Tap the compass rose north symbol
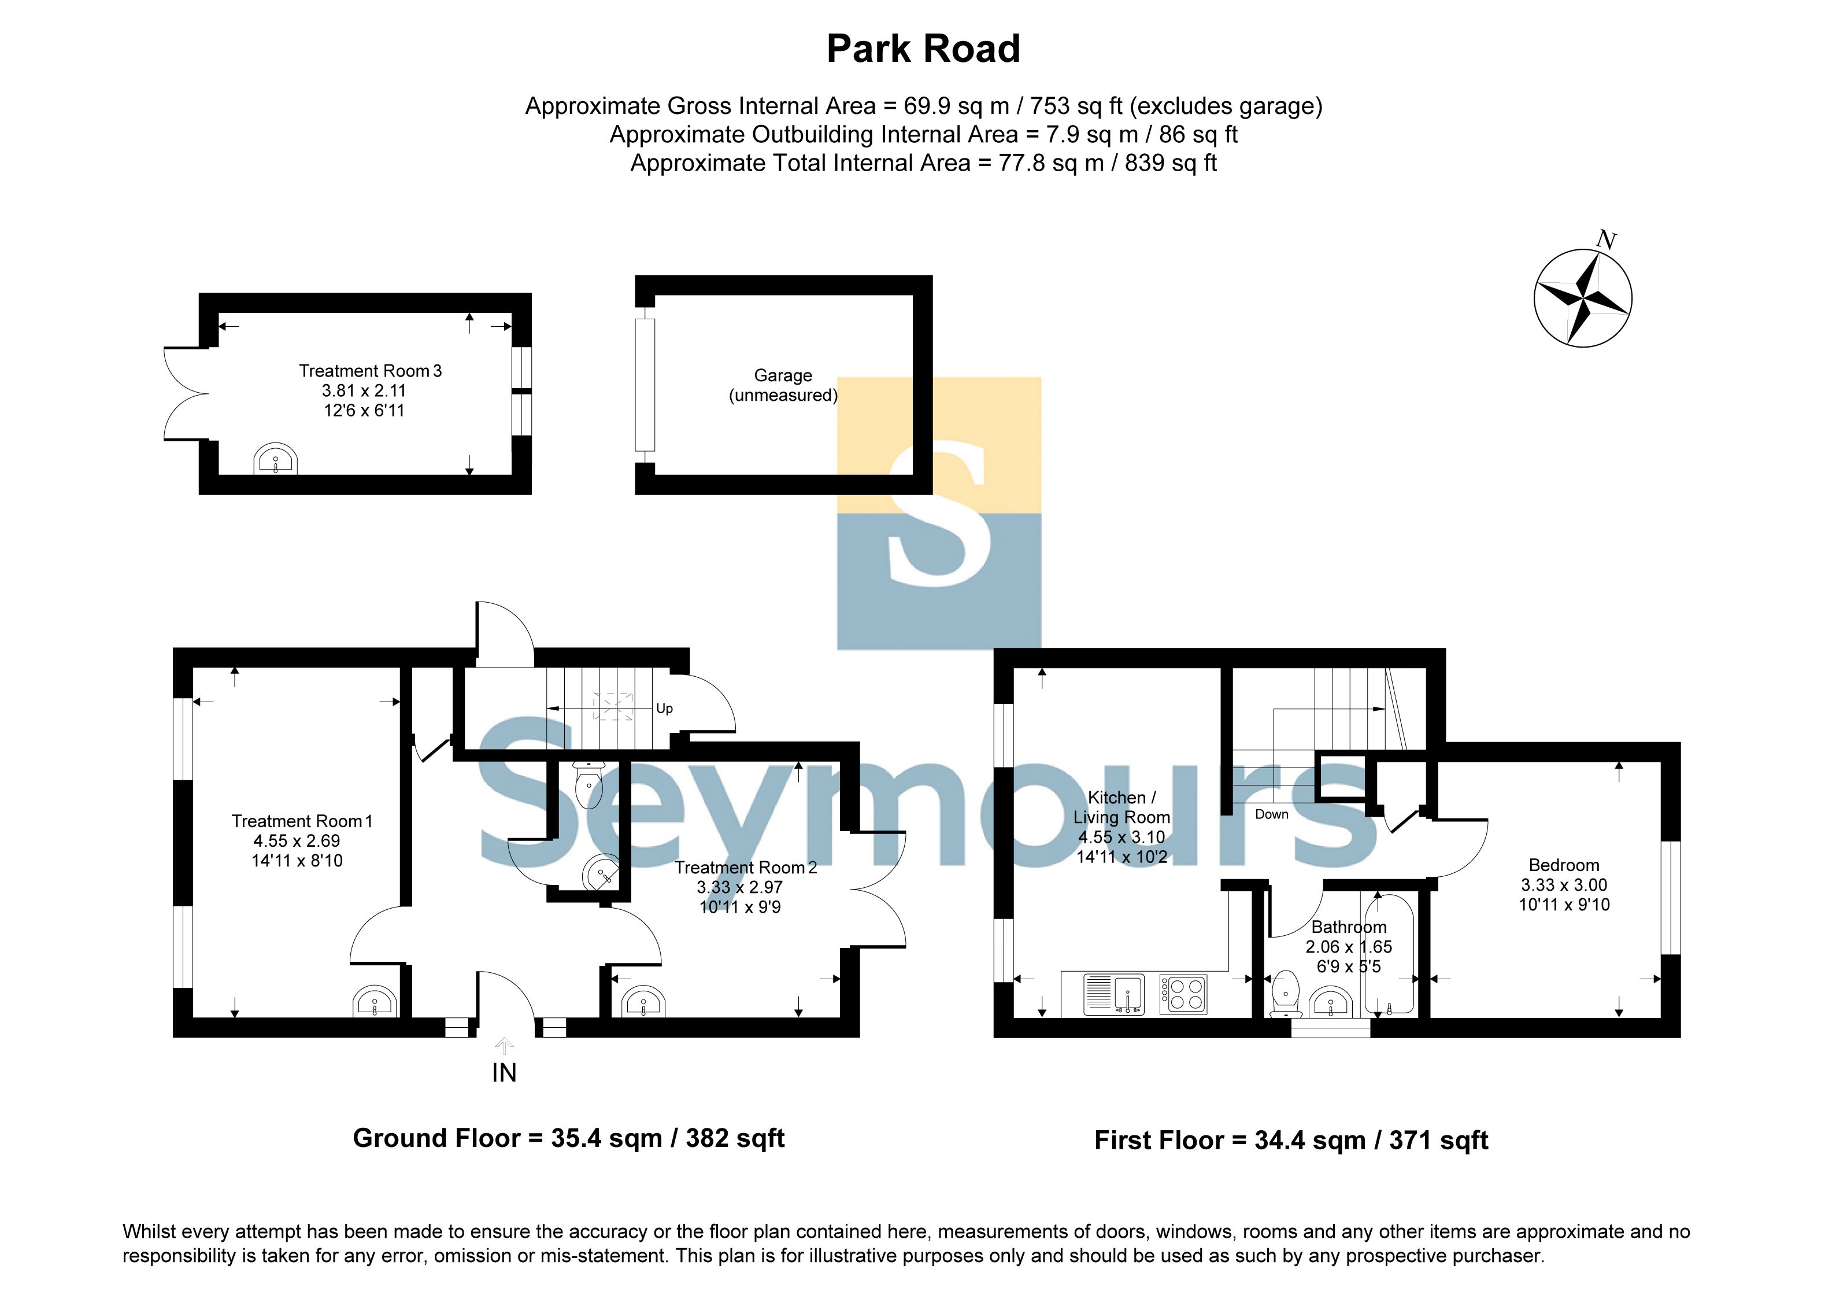[1582, 298]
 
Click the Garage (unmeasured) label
[783, 385]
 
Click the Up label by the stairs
[664, 708]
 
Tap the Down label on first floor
[1271, 814]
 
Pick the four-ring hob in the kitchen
[1183, 994]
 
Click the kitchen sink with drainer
[1114, 994]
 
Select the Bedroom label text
[1563, 865]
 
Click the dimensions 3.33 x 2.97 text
[739, 887]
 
